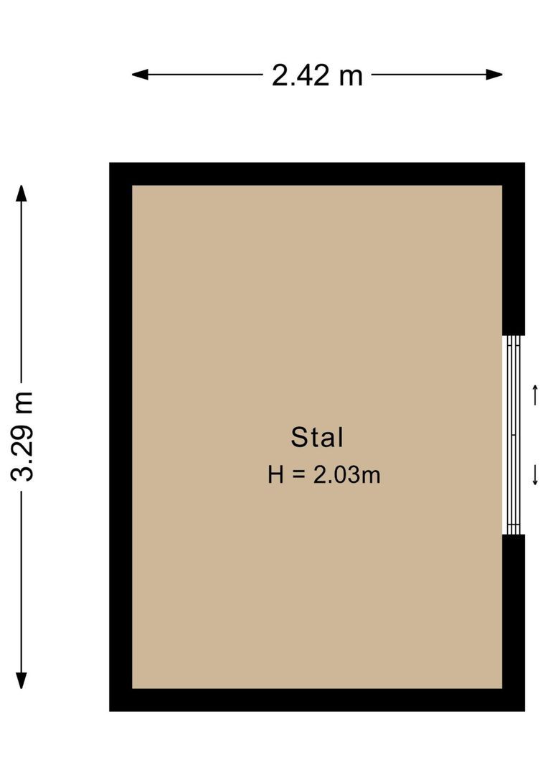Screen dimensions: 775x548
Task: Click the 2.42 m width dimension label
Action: (x=317, y=75)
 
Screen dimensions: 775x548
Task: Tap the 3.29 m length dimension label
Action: (x=23, y=436)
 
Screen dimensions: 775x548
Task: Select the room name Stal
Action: (x=317, y=437)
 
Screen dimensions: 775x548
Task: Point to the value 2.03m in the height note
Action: (x=346, y=474)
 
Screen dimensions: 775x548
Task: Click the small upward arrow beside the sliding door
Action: (x=535, y=395)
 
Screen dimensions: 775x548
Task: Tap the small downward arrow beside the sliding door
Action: (x=535, y=475)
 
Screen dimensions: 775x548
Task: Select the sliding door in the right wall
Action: (x=512, y=435)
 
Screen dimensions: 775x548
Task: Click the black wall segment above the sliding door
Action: (x=514, y=258)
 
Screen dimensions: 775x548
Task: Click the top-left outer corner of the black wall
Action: (x=110, y=164)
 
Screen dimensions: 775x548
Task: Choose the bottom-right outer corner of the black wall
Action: (x=524, y=710)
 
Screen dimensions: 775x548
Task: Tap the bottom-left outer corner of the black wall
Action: (x=110, y=710)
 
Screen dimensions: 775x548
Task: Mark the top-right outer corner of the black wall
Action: (x=524, y=164)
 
